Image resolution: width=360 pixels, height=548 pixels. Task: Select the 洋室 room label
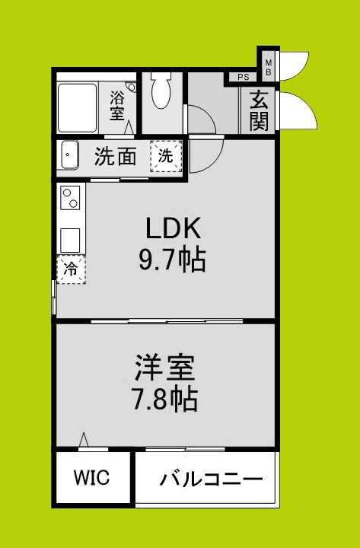pos(165,368)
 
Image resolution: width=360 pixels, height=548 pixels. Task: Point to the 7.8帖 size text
pos(165,399)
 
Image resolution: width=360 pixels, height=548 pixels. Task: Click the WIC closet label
pos(91,479)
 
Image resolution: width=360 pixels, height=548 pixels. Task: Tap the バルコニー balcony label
pos(211,479)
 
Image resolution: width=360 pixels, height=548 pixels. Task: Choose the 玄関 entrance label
pos(260,111)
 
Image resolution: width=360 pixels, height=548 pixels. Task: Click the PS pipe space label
pos(243,77)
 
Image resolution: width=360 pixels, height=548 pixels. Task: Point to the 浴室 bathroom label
pos(117,105)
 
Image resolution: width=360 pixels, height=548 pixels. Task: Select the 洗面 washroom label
pos(116,158)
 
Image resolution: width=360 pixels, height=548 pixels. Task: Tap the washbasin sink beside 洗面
pos(69,158)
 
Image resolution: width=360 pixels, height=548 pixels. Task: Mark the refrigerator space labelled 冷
pos(71,269)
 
